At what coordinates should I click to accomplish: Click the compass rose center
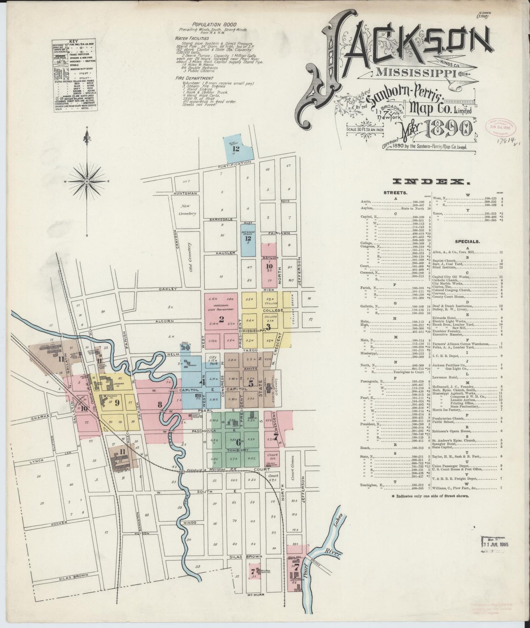coord(87,181)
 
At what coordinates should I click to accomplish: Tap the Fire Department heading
coord(194,78)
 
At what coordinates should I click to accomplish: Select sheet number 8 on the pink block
coord(160,405)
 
